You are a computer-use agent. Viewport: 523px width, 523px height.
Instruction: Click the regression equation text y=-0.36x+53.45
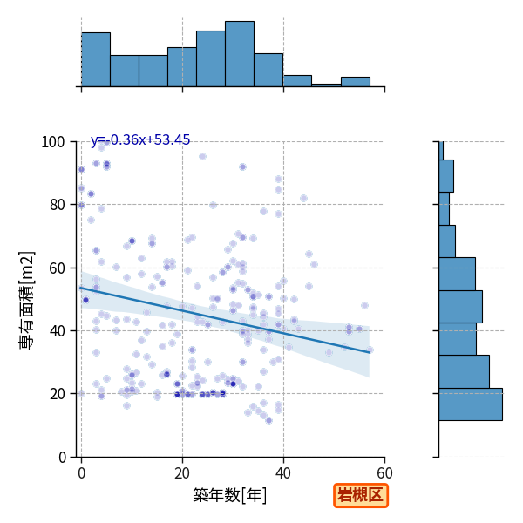(140, 139)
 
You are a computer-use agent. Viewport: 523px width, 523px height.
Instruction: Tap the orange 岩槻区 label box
(361, 495)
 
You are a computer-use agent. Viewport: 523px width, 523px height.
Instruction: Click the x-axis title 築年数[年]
(230, 495)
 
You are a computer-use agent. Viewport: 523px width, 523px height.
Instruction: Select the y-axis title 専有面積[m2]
(27, 300)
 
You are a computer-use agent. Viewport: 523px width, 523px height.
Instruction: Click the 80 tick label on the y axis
(57, 205)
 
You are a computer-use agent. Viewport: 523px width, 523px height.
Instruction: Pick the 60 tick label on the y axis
(57, 268)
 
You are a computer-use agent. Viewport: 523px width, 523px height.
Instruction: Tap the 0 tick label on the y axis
(62, 458)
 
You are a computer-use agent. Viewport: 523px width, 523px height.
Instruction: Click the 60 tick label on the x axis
(384, 473)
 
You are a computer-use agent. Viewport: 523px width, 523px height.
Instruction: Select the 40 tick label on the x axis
(283, 473)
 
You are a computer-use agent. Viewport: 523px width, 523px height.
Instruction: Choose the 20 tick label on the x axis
(182, 473)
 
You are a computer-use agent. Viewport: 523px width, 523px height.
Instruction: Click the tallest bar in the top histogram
(240, 54)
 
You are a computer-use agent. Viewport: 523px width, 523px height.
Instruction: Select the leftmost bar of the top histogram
(96, 59)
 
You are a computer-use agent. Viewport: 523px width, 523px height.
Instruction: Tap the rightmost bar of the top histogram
(356, 82)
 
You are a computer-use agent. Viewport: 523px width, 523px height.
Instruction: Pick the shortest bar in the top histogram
(326, 85)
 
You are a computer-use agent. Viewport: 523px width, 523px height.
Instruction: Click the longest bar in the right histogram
(471, 404)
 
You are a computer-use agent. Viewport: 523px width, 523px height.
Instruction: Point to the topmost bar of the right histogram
(441, 151)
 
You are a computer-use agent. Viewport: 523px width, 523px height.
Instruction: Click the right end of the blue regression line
(370, 352)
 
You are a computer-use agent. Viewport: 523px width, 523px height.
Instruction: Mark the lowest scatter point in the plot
(268, 421)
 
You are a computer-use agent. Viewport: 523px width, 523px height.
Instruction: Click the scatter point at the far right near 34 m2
(370, 350)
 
